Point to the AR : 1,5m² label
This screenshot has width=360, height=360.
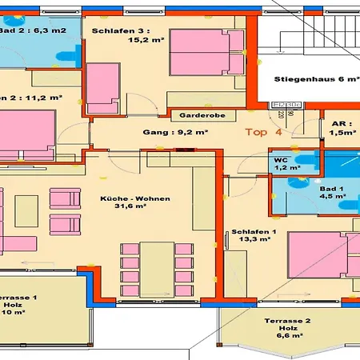(342, 129)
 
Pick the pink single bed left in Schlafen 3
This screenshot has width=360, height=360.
(102, 86)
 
